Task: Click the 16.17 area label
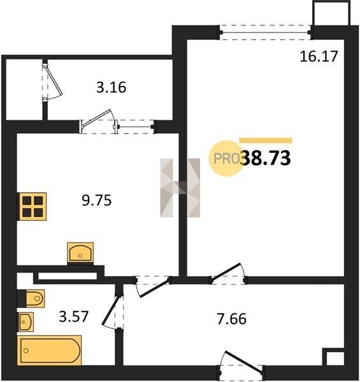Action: click(x=319, y=57)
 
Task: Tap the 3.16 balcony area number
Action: click(x=111, y=87)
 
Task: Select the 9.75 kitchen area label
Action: click(x=96, y=201)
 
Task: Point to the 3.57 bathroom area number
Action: click(x=73, y=316)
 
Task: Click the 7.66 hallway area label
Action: click(x=231, y=319)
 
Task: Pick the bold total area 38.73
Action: click(x=266, y=158)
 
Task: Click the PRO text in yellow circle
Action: click(x=226, y=159)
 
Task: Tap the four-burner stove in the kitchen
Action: click(x=32, y=206)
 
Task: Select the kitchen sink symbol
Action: click(x=80, y=253)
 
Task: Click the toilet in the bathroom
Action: click(x=31, y=298)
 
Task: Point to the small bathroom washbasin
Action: click(x=25, y=322)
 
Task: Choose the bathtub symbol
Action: click(x=49, y=350)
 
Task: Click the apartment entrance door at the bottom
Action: click(x=241, y=366)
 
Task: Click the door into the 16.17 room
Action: click(x=228, y=274)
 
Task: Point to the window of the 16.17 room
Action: click(x=265, y=32)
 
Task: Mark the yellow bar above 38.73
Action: click(x=266, y=140)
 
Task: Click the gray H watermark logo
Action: click(x=180, y=188)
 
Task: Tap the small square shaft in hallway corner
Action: click(x=333, y=357)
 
